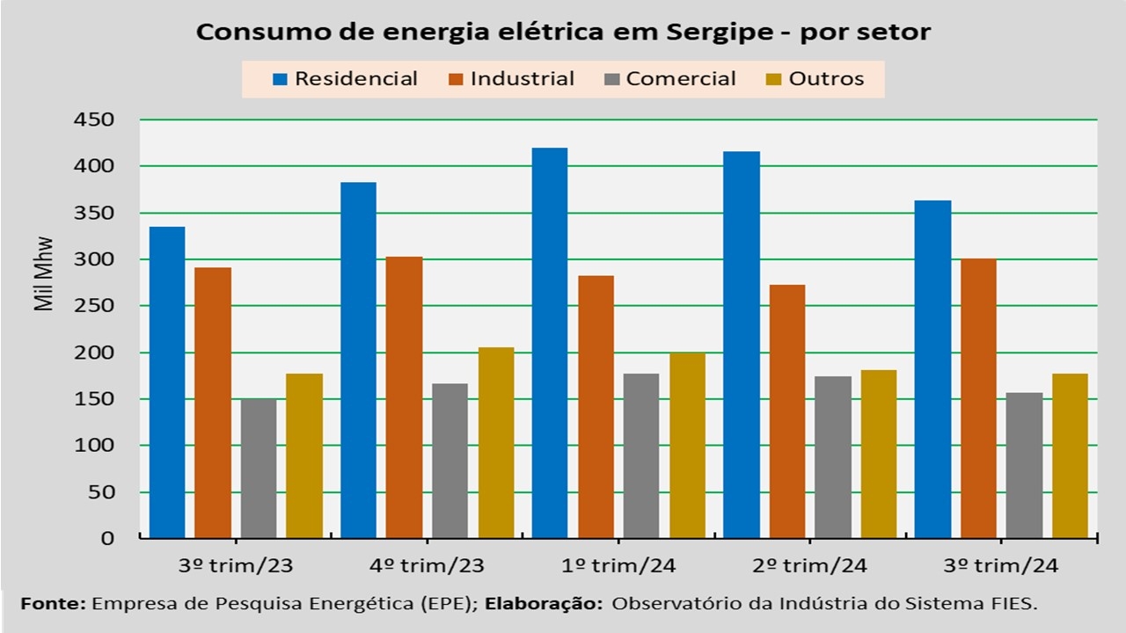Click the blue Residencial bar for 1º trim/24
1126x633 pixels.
tap(550, 343)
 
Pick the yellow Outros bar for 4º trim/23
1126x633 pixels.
tap(496, 443)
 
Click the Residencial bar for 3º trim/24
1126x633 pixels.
tap(932, 369)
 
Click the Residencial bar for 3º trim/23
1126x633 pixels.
tap(167, 382)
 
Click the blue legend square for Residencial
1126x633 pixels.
tap(281, 79)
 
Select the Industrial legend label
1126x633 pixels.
tap(523, 79)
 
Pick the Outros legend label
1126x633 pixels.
tap(826, 79)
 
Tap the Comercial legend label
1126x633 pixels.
tap(681, 79)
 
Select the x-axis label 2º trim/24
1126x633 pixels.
tap(810, 564)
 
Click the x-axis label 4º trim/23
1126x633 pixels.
tap(428, 564)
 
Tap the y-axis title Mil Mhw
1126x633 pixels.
tap(44, 274)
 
